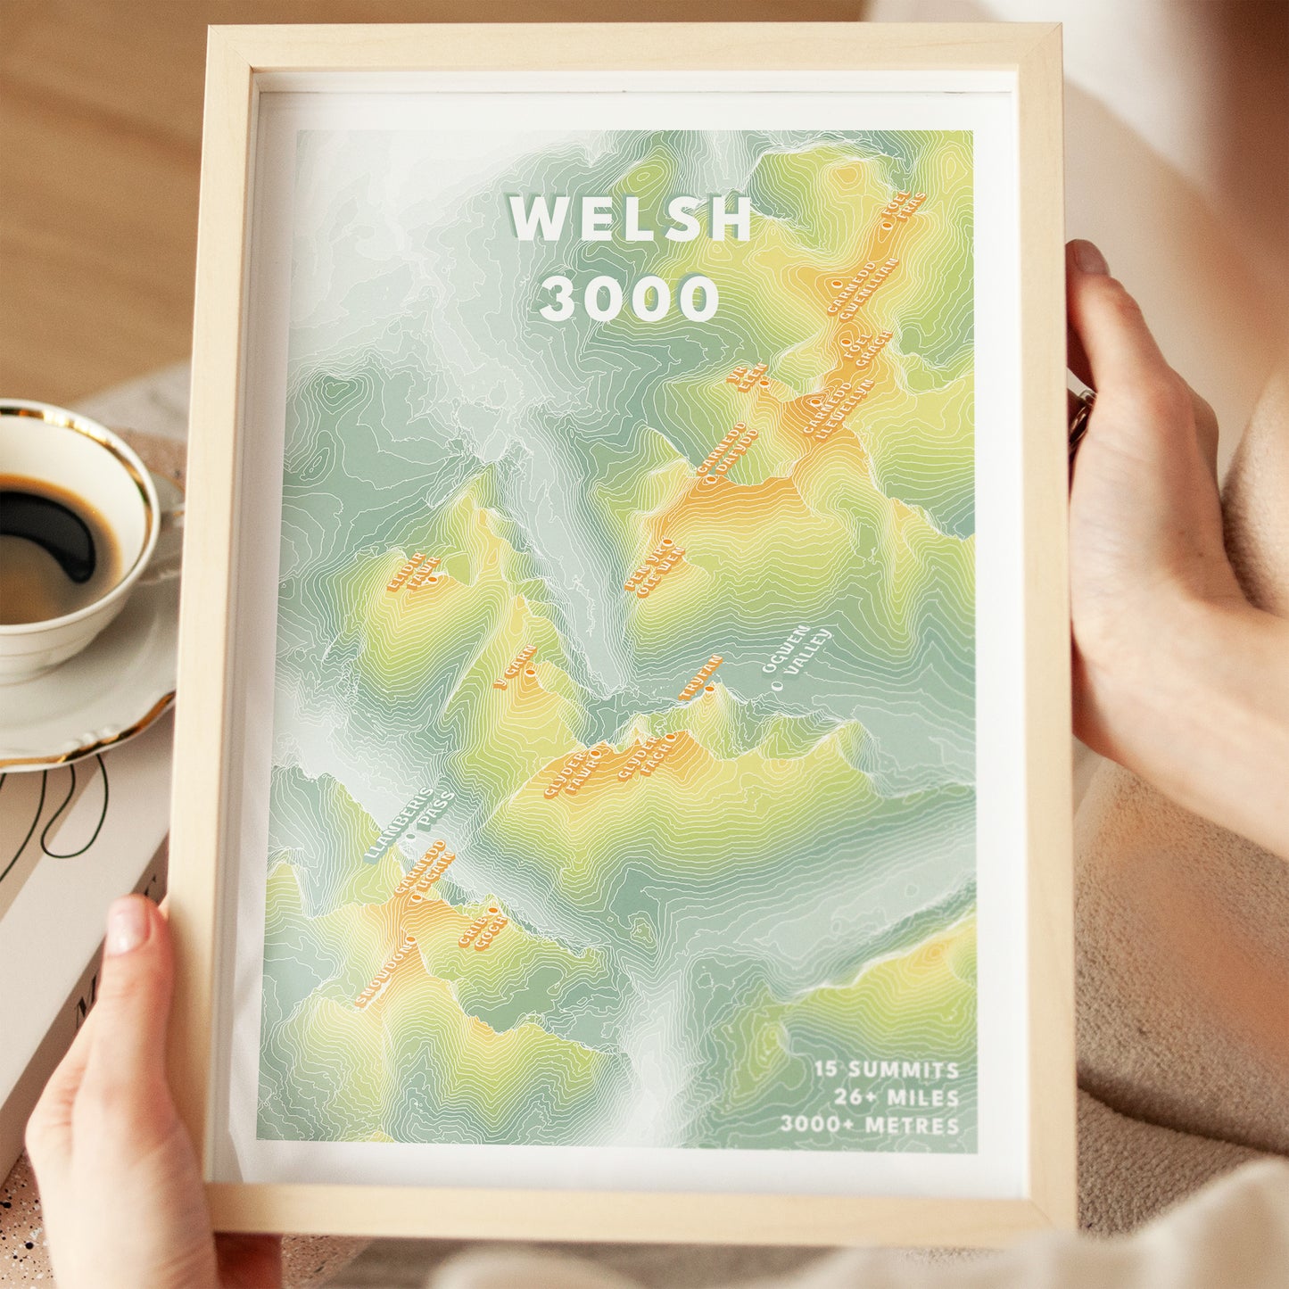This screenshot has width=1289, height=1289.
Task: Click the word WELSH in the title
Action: (630, 219)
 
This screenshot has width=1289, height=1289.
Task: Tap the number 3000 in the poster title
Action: (630, 299)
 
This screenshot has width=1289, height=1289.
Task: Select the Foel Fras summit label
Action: (903, 211)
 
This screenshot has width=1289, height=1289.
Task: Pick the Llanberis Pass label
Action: (409, 826)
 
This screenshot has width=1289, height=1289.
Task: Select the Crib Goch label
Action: (483, 928)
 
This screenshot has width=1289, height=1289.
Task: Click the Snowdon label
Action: (386, 973)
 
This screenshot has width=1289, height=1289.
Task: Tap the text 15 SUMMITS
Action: (886, 1070)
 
